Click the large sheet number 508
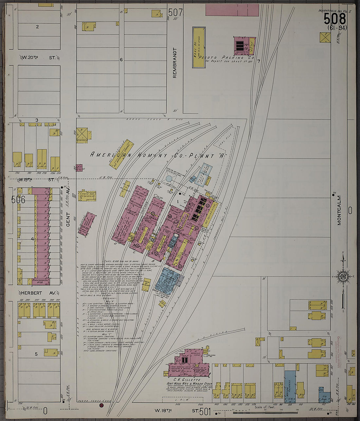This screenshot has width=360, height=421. pyautogui.click(x=334, y=19)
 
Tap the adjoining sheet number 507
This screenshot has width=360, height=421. pyautogui.click(x=175, y=12)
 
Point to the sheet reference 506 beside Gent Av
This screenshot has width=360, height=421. pyautogui.click(x=18, y=199)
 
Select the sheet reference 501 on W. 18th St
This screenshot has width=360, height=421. pyautogui.click(x=205, y=411)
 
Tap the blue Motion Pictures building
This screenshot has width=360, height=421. pyautogui.click(x=290, y=387)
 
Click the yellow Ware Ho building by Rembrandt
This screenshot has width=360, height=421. pyautogui.click(x=199, y=47)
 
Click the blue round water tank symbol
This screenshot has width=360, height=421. pyautogui.click(x=169, y=179)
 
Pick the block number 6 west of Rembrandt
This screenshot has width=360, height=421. pyautogui.click(x=121, y=60)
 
